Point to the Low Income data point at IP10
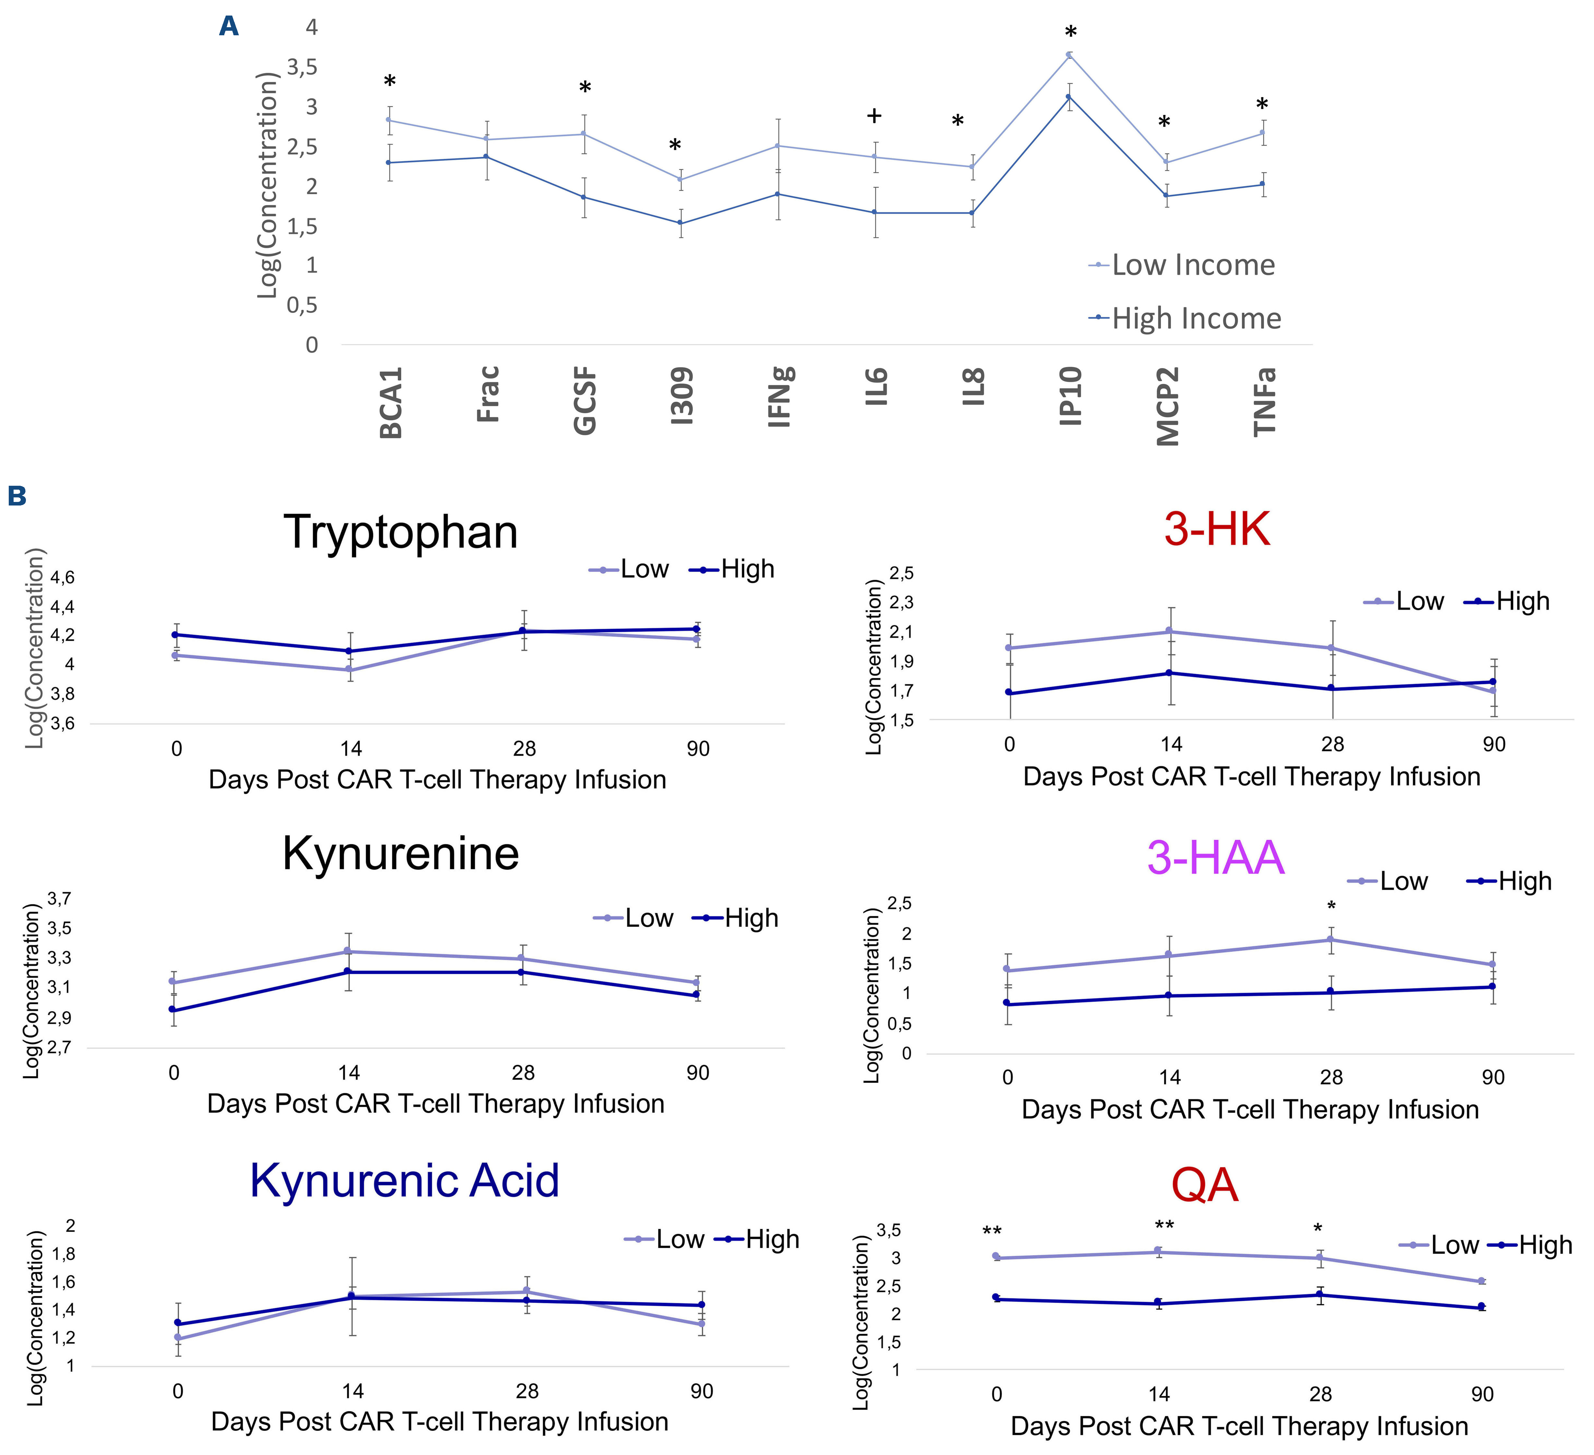(x=1069, y=55)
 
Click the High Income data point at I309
(x=680, y=223)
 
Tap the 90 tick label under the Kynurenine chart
(x=697, y=1073)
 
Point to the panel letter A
(x=229, y=27)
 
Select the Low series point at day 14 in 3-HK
(x=1171, y=631)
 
